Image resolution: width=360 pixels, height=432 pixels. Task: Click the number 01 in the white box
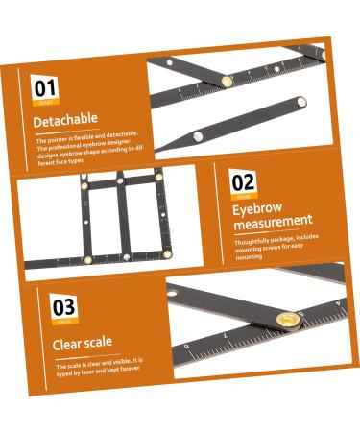coord(45,88)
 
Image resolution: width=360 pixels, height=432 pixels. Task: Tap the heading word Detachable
coord(65,121)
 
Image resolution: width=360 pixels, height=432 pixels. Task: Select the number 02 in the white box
coord(244,181)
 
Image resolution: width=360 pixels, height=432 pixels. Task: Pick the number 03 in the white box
coord(63,307)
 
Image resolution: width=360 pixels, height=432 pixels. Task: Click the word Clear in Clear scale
coord(66,342)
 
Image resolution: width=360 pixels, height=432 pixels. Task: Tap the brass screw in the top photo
coord(227,81)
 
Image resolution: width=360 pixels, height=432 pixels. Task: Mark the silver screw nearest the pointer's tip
coord(197,135)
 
